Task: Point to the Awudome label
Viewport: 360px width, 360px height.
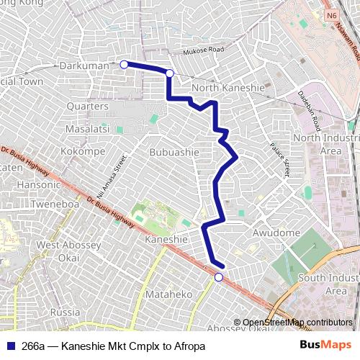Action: (x=276, y=233)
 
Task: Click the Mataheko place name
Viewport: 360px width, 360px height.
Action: (x=169, y=294)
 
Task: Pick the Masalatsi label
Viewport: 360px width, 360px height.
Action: (x=86, y=128)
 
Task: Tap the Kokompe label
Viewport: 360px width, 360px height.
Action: (x=84, y=152)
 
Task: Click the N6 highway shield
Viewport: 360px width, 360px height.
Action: (x=331, y=15)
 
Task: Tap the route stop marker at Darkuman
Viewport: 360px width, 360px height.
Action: (x=124, y=65)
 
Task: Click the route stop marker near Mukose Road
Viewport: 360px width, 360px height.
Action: (x=170, y=73)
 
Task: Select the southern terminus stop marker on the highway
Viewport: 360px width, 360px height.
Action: (x=219, y=277)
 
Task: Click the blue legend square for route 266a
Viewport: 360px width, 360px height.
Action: (x=10, y=346)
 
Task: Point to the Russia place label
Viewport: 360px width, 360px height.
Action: (x=66, y=312)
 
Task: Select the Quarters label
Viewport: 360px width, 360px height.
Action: (x=87, y=107)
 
